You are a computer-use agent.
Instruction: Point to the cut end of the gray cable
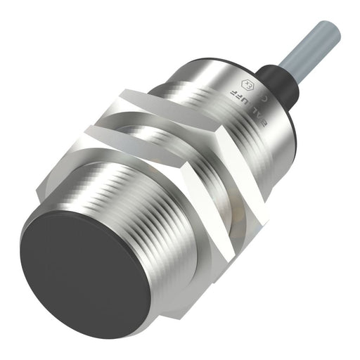(332, 28)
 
